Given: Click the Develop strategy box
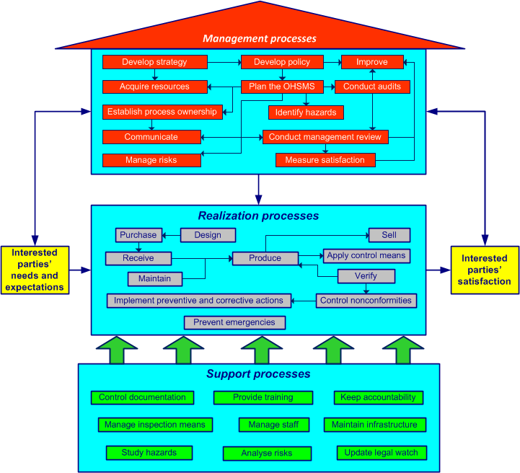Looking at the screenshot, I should click(154, 62).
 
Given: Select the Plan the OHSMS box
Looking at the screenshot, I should click(282, 87).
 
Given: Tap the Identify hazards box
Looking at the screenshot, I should click(306, 112).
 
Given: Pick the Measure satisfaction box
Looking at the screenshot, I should click(325, 160).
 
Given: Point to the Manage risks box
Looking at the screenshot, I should click(151, 160).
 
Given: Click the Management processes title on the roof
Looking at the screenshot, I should click(260, 38).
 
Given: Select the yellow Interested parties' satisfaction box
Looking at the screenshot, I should click(485, 270).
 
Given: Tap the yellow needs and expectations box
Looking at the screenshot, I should click(35, 270).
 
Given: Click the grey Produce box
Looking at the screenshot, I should click(265, 258).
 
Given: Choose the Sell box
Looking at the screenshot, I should click(389, 235).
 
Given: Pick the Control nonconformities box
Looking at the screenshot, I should click(366, 301).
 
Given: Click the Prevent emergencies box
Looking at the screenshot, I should click(234, 322).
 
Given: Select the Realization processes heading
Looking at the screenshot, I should click(258, 216).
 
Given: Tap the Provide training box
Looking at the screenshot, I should click(263, 397).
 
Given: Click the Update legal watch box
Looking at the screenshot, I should click(382, 453).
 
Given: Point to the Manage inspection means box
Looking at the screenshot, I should click(154, 425).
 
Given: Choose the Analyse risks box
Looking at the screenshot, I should click(267, 454).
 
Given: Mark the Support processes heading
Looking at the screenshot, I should click(258, 374).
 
